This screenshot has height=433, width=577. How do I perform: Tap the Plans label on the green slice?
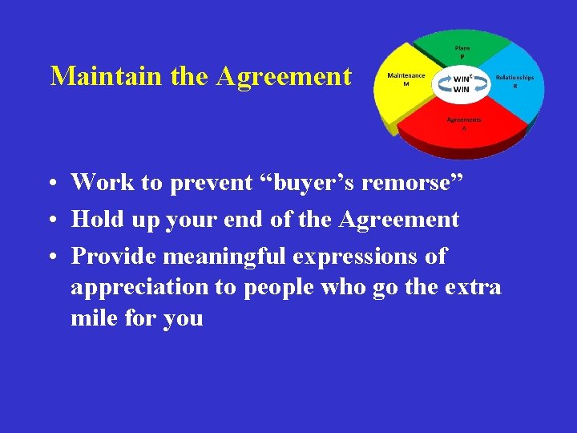(x=463, y=48)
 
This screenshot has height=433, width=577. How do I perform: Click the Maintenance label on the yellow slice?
(x=406, y=75)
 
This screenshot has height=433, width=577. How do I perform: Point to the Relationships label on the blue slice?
(x=514, y=77)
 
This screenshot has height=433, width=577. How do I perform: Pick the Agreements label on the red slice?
(x=464, y=119)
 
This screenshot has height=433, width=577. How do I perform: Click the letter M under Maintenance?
(x=406, y=83)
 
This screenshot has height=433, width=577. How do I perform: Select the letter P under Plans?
(x=462, y=56)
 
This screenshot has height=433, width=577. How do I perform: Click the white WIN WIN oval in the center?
(x=461, y=84)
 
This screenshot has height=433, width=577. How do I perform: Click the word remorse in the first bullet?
(x=415, y=183)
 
